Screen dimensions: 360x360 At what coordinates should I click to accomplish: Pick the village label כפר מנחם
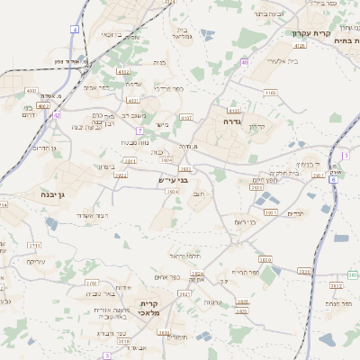338,304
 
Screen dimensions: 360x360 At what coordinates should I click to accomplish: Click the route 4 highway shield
74,30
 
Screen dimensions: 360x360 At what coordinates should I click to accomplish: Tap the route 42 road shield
57,115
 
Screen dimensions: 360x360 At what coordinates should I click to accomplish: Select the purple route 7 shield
140,131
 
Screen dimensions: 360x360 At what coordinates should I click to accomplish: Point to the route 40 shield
244,62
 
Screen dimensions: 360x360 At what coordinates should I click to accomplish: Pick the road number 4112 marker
123,71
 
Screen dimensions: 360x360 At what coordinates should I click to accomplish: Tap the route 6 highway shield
332,180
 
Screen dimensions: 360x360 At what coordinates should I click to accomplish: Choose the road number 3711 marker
35,244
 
